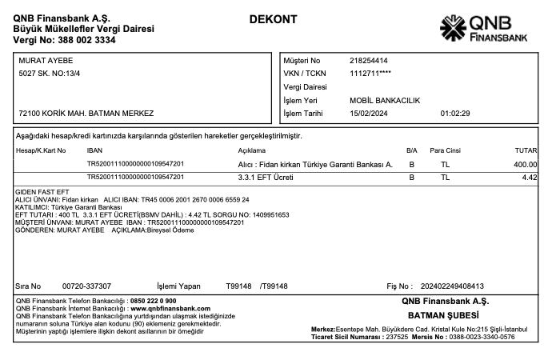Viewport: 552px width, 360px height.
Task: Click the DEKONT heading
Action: [x=274, y=19]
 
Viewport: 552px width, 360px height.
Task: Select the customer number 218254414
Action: [x=369, y=60]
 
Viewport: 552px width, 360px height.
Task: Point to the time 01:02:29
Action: [x=455, y=113]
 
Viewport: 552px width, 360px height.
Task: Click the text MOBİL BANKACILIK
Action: [x=385, y=100]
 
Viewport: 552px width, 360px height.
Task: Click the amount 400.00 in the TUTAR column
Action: [x=526, y=164]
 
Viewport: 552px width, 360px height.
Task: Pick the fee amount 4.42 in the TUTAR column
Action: [x=529, y=177]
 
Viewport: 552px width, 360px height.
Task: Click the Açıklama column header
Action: [x=251, y=150]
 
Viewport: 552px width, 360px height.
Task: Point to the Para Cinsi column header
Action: [x=446, y=150]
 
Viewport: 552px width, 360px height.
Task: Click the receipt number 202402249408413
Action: [x=452, y=286]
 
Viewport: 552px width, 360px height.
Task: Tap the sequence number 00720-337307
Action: [x=86, y=286]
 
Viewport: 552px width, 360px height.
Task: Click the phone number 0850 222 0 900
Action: [x=153, y=301]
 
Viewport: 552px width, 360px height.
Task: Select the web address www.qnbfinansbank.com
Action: [x=170, y=308]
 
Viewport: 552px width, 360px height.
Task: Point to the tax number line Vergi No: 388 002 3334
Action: [x=64, y=39]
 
